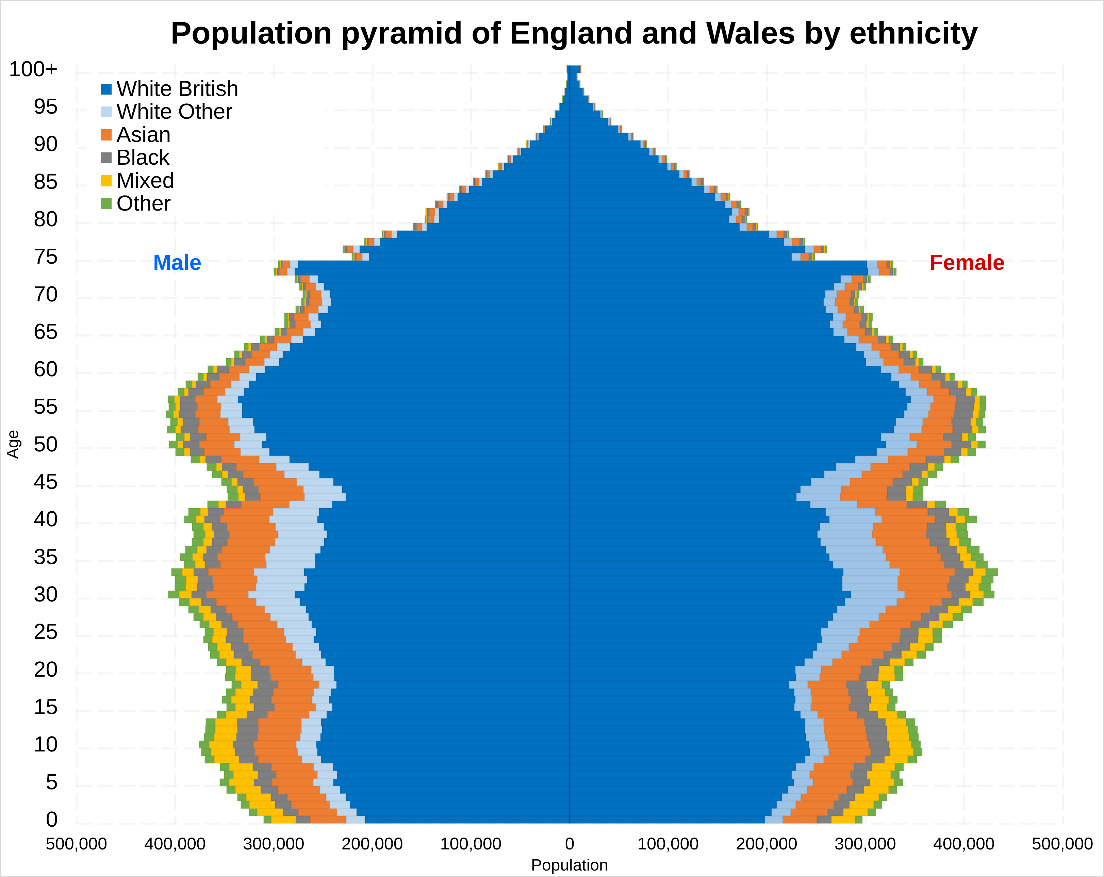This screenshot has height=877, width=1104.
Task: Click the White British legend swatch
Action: click(x=106, y=89)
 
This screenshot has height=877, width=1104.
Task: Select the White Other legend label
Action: click(x=174, y=112)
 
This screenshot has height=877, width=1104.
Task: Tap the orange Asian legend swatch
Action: click(x=106, y=135)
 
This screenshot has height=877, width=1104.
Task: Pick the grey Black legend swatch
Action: click(x=106, y=158)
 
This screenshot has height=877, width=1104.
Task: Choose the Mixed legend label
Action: click(x=145, y=181)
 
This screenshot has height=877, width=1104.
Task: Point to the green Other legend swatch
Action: click(x=106, y=204)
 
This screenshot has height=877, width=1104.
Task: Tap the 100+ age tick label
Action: click(x=33, y=69)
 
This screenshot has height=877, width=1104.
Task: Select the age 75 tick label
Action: click(x=46, y=257)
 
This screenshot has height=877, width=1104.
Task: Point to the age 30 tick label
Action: click(x=46, y=594)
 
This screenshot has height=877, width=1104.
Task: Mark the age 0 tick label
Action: click(x=51, y=819)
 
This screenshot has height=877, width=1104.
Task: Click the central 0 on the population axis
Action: click(x=570, y=844)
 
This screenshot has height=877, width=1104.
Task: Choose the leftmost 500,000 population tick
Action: click(x=76, y=844)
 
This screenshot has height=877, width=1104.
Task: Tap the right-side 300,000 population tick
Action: click(x=865, y=844)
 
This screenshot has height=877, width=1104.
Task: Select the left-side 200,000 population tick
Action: click(x=372, y=844)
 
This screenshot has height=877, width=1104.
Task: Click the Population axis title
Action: click(x=570, y=865)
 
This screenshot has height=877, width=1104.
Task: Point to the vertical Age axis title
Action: click(x=13, y=444)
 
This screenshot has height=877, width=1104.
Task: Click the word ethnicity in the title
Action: click(x=913, y=33)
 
